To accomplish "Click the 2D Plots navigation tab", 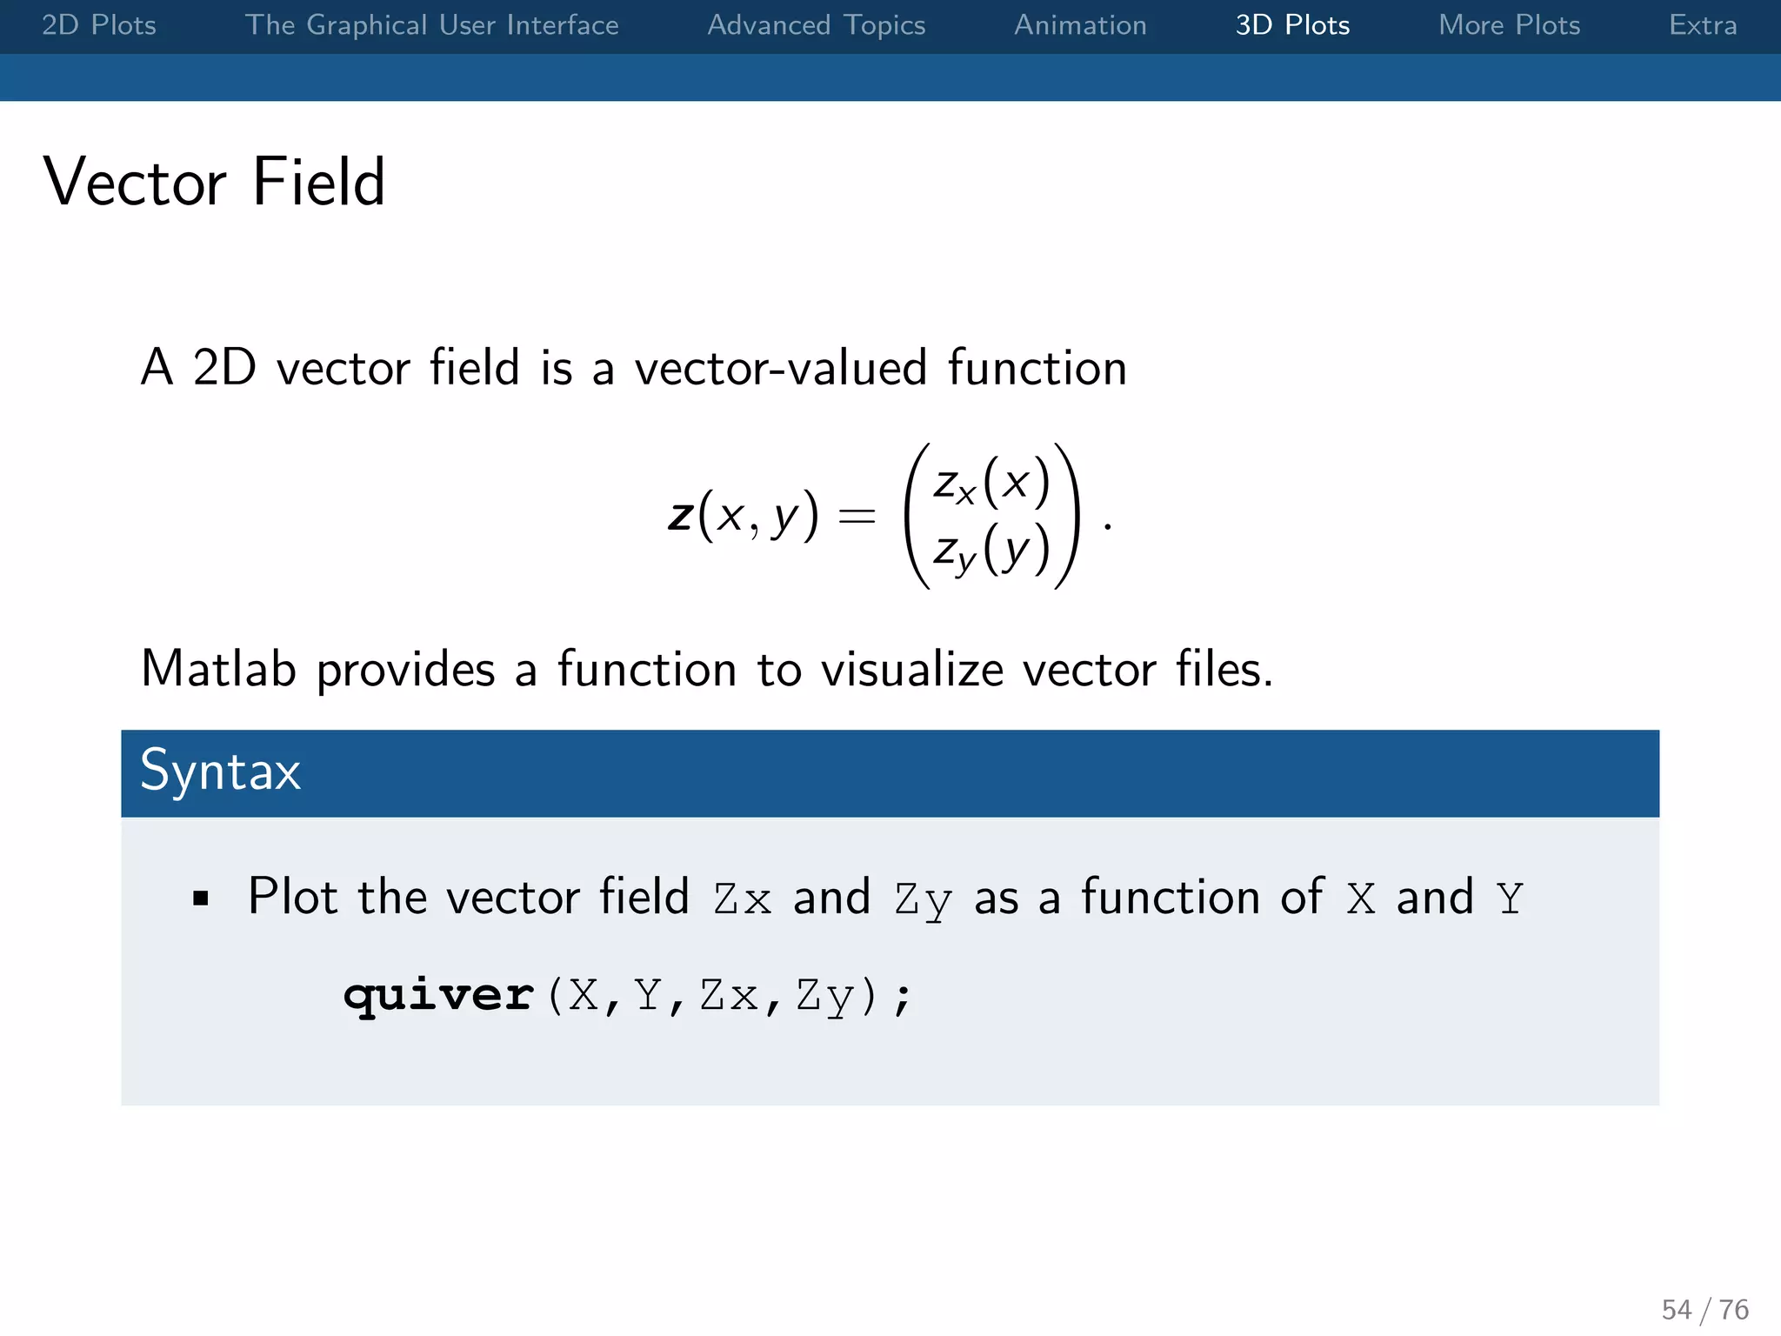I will (x=99, y=25).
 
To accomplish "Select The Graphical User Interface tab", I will (x=431, y=25).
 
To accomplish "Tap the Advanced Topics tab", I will (x=816, y=25).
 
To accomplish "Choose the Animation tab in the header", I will (x=1080, y=25).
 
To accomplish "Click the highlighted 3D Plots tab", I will (x=1292, y=25).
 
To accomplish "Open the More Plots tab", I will (x=1509, y=25).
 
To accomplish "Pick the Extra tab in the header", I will (x=1702, y=25).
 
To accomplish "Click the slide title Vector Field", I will (x=214, y=182).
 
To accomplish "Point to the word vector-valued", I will (x=780, y=368).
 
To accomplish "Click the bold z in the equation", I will (x=680, y=515).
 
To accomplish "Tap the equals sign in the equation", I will (x=856, y=517).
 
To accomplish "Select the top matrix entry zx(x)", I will (x=991, y=484).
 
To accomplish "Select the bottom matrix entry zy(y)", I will (x=991, y=551).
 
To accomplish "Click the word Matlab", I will (x=218, y=669).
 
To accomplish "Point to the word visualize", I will (x=912, y=670).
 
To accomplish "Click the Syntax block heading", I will (x=221, y=772).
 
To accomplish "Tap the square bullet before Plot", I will (x=201, y=898).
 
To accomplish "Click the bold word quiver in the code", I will (x=438, y=994).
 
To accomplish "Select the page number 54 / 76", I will (x=1704, y=1309).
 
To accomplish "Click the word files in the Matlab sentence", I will (x=1223, y=669).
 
